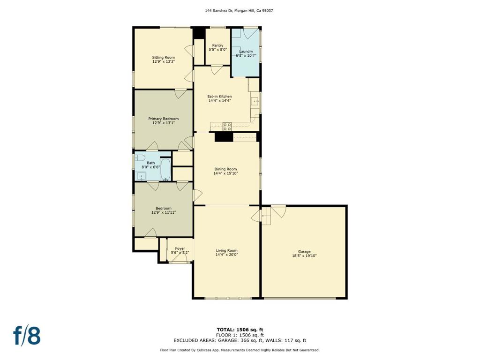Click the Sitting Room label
coord(164,57)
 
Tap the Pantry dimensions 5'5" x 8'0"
coord(217,49)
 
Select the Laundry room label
coord(246,52)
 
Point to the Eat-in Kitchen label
coord(219,96)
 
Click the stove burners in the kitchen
coord(227,127)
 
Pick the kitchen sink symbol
coord(255,101)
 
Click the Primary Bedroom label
coord(164,119)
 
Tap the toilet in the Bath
coord(140,158)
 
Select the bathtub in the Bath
coord(165,170)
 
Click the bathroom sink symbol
coord(141,177)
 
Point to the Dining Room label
coord(225,169)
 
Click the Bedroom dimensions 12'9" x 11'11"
coord(164,212)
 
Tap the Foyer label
coord(180,248)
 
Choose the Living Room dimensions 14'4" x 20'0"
coord(227,255)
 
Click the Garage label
coord(304,252)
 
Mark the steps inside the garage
coord(266,216)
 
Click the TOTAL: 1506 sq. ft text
coord(240,330)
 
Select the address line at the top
coord(239,10)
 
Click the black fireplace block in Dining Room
coord(224,137)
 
